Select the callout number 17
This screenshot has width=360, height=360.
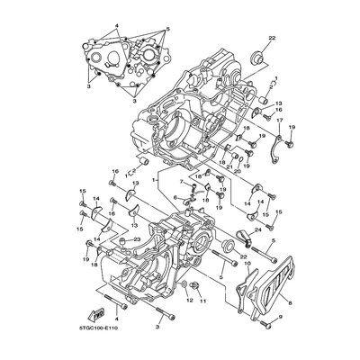pos(281,121)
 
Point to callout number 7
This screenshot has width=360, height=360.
pos(178,181)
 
